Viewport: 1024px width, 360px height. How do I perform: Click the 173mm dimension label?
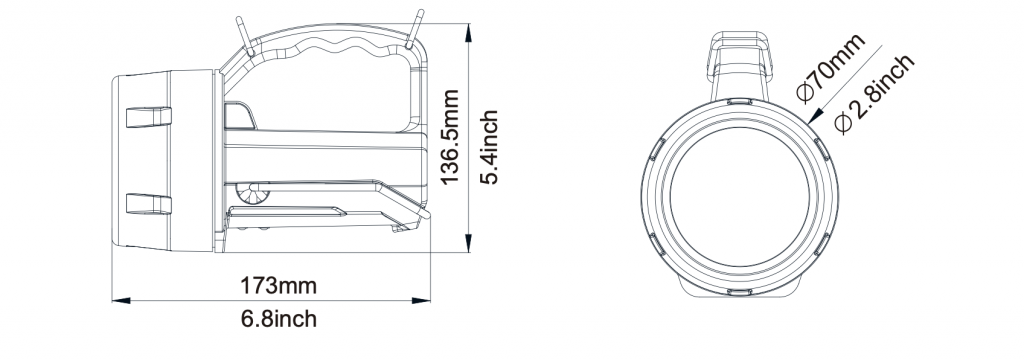(x=278, y=286)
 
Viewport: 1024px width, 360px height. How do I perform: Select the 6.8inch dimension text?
(x=279, y=319)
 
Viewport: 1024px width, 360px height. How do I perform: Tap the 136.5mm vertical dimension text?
(x=450, y=137)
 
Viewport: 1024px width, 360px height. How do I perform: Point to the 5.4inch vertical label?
(x=489, y=147)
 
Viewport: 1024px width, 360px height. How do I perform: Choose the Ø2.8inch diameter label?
(x=874, y=94)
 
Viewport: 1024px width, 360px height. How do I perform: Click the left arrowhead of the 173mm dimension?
(x=121, y=301)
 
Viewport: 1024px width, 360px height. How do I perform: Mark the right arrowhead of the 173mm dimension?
(x=421, y=301)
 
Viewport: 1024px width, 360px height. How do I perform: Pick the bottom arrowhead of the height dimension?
(x=469, y=243)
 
